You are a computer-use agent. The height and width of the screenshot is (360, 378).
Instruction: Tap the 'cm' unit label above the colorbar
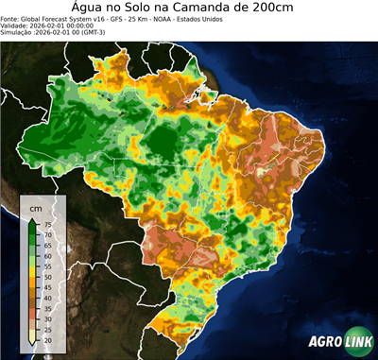pos(36,207)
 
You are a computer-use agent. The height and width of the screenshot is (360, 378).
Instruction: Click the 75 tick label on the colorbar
pos(47,225)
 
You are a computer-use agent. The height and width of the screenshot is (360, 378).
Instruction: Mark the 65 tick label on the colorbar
pos(47,246)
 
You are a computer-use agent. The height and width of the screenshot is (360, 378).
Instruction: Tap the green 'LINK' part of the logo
pos(356,343)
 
